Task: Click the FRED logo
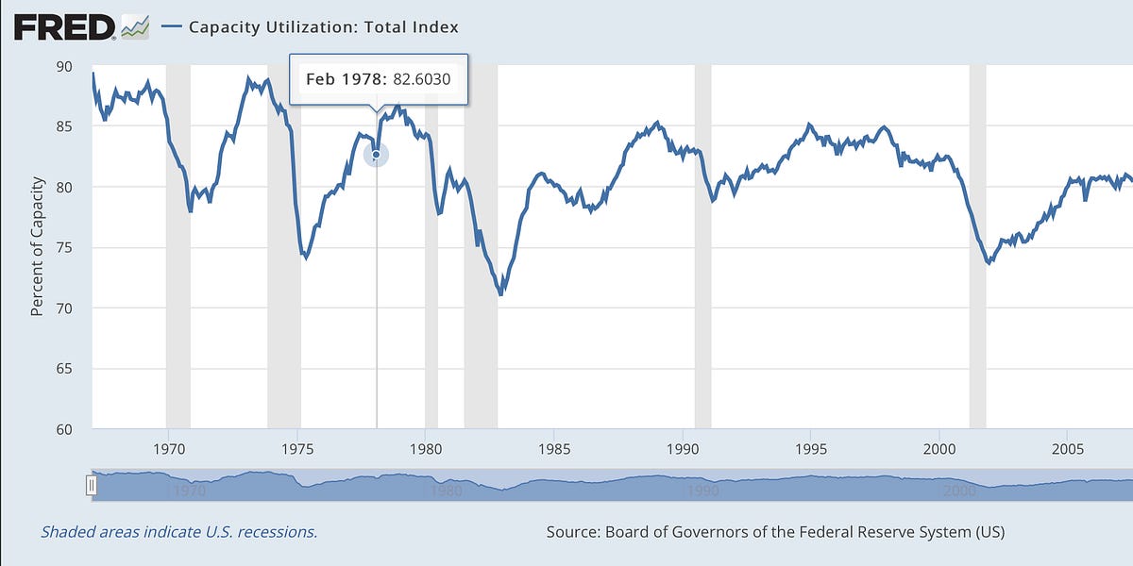[x=63, y=26]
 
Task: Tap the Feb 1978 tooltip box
[x=379, y=80]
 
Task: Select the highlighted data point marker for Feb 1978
[x=377, y=155]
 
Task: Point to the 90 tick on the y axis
[x=64, y=66]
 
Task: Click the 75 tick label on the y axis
[x=64, y=248]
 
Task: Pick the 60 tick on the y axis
[x=64, y=430]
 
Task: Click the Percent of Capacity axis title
[x=37, y=245]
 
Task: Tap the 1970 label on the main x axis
[x=167, y=448]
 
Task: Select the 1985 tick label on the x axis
[x=553, y=448]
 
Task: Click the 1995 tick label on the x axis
[x=810, y=448]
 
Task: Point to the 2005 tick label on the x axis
[x=1067, y=448]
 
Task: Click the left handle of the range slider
[x=92, y=485]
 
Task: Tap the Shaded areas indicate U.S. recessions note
[x=178, y=532]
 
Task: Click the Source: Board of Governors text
[x=775, y=532]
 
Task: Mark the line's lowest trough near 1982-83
[x=500, y=293]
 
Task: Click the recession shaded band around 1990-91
[x=702, y=245]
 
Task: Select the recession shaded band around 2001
[x=977, y=245]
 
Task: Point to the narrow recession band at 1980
[x=431, y=245]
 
